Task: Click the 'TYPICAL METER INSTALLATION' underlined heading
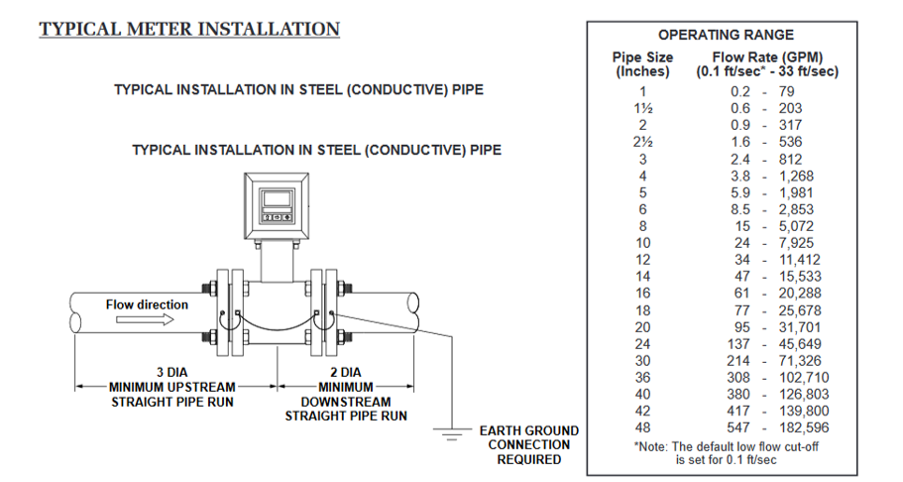click(x=189, y=29)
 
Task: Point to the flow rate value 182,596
click(x=804, y=427)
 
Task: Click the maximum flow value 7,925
click(x=800, y=242)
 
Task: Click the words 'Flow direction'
click(x=147, y=304)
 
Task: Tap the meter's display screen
click(x=277, y=197)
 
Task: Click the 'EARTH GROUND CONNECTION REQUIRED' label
click(x=528, y=445)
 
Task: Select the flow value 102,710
click(x=804, y=377)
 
